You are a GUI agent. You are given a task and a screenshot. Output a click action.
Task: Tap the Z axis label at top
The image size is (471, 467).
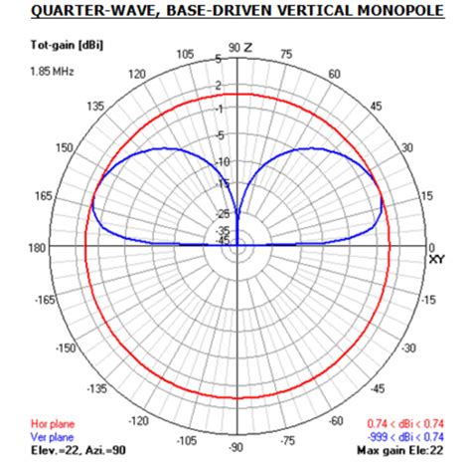248,47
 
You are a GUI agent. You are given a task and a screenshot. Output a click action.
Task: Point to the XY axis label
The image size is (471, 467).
438,260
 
